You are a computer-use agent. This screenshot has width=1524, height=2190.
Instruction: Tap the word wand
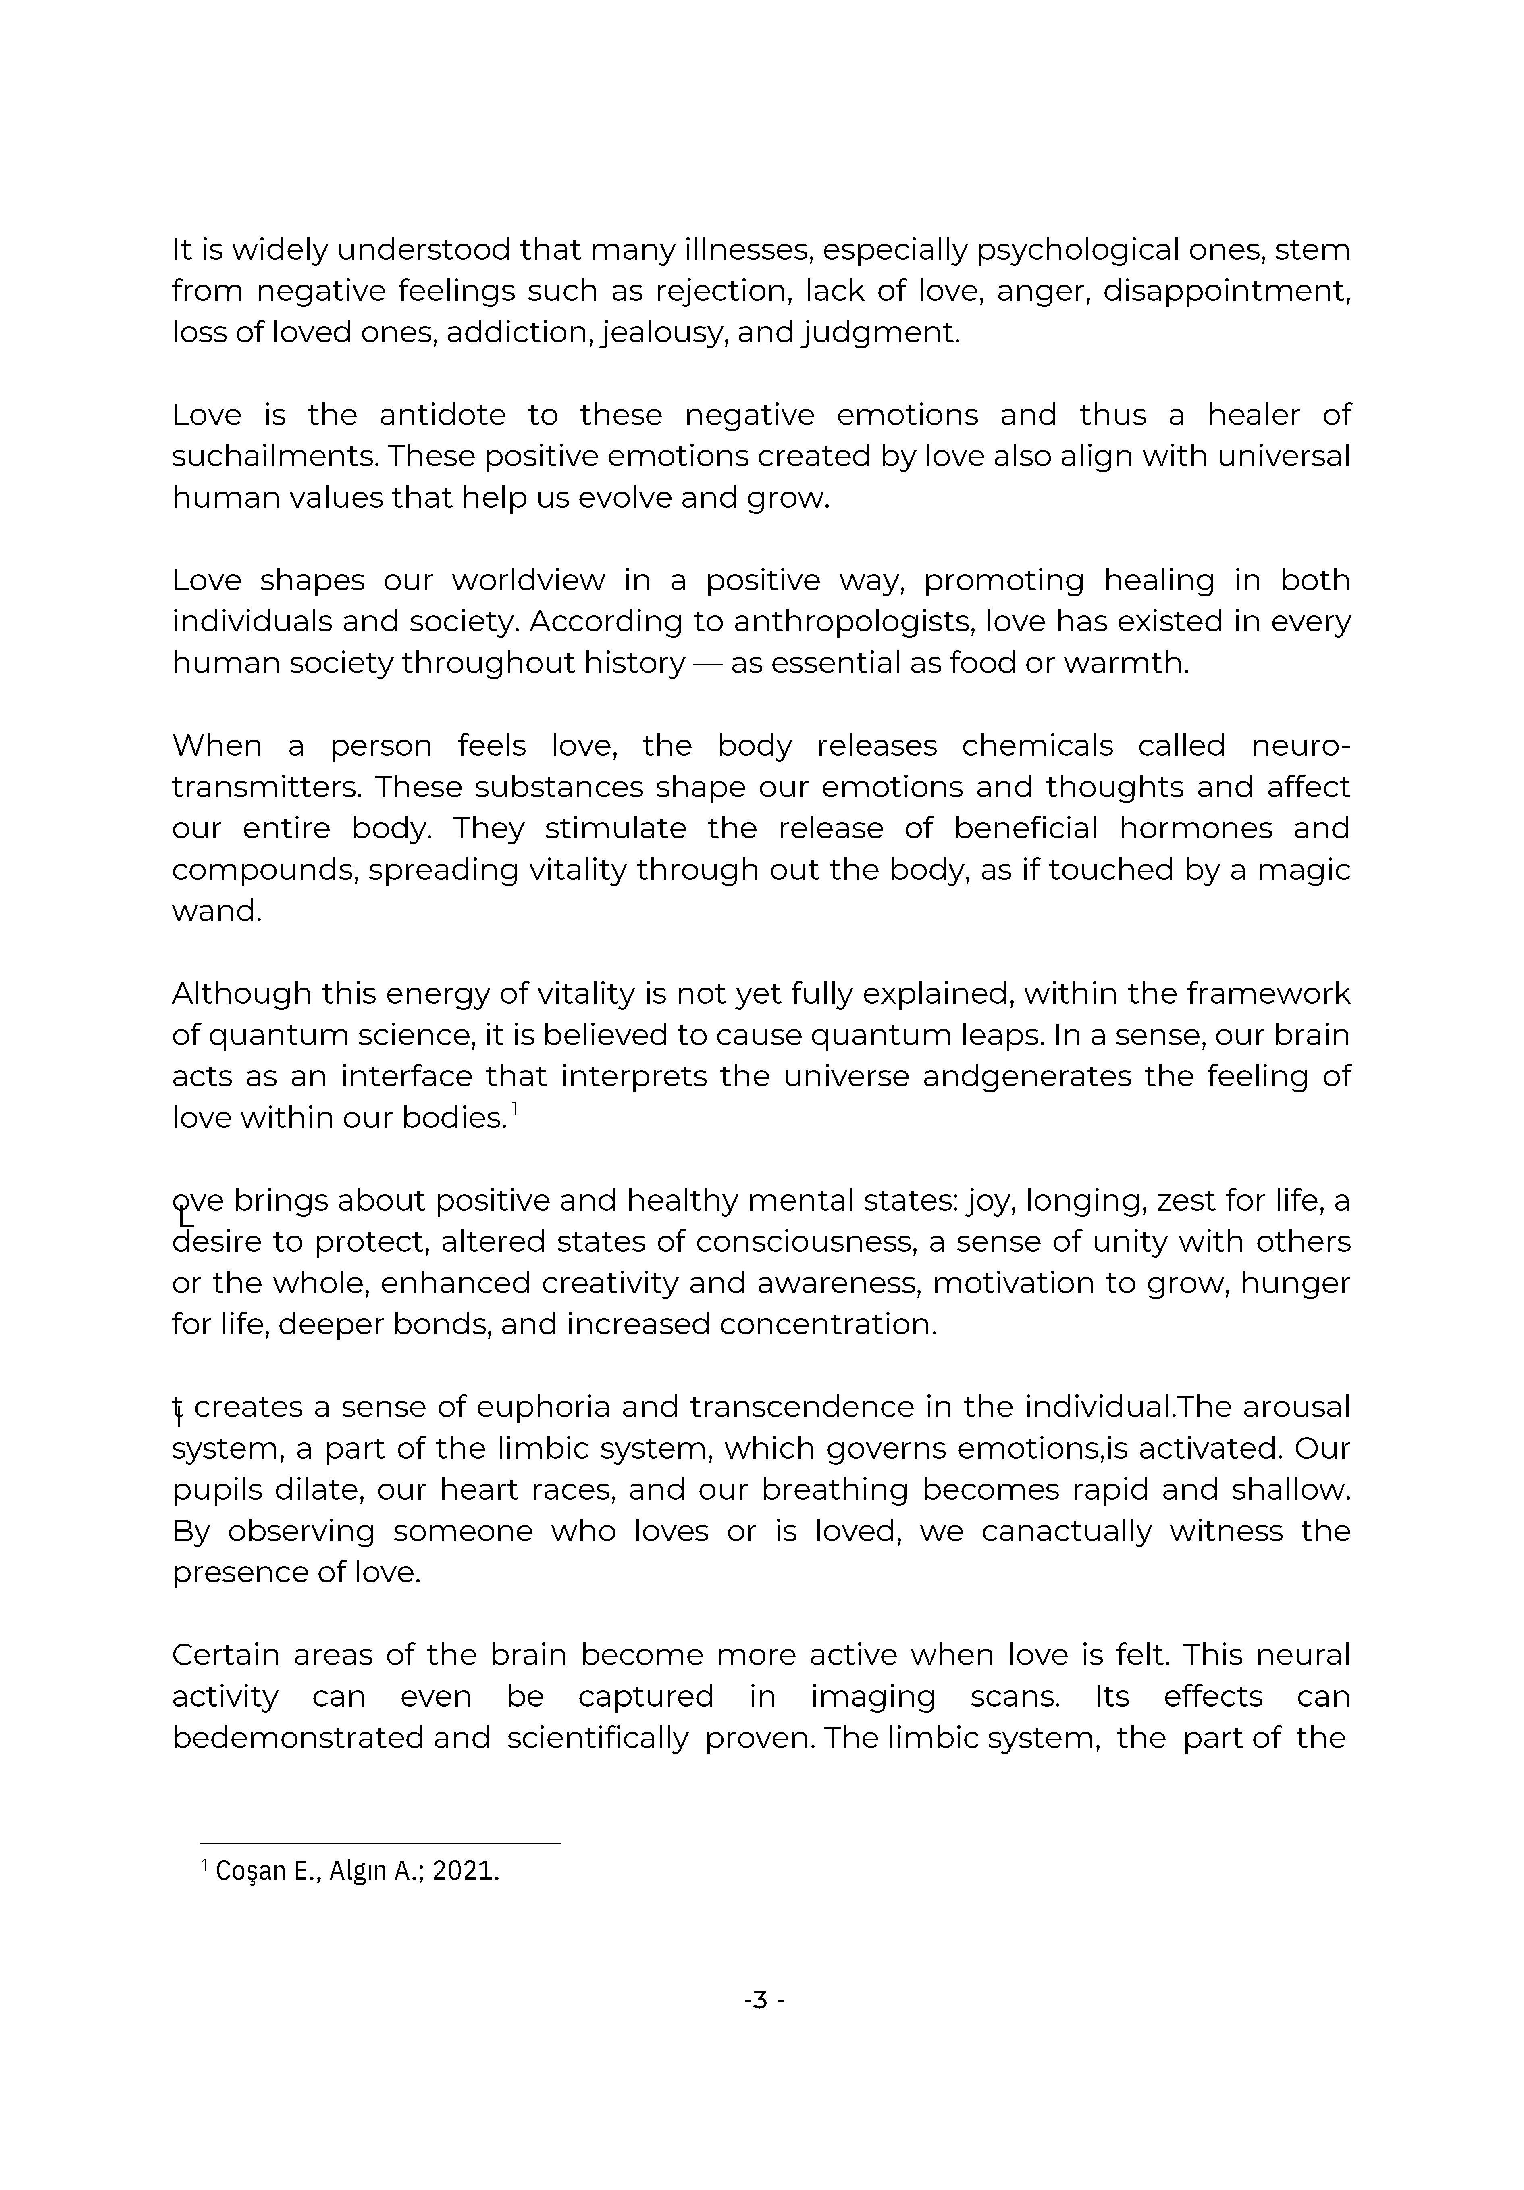[x=216, y=911]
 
